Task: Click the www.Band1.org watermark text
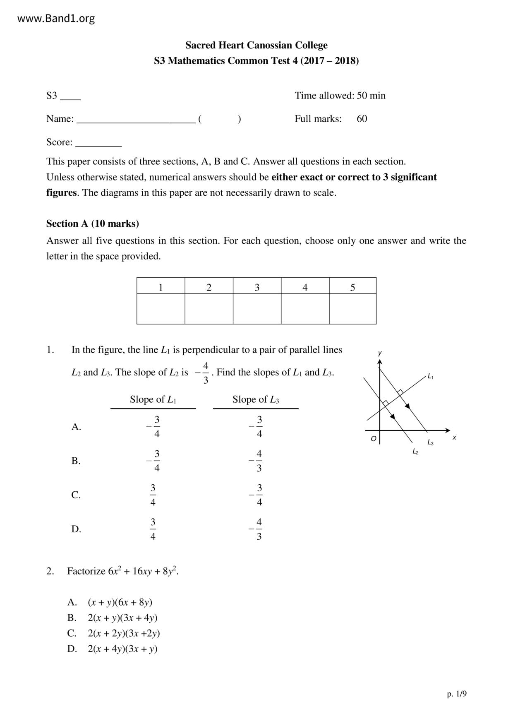coord(56,18)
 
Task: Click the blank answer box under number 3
coord(257,309)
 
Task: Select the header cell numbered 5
coord(352,287)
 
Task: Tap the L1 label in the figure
coord(430,376)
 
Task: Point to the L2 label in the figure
coord(415,452)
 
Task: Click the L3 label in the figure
coord(430,442)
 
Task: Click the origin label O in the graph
coord(373,439)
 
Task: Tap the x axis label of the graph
coord(454,438)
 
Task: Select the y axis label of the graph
coord(379,353)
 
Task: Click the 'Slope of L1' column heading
coord(153,399)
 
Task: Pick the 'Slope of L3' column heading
coord(256,399)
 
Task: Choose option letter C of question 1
coord(76,495)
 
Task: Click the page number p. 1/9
coord(456,694)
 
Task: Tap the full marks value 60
coord(362,119)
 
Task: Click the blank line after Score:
coord(98,143)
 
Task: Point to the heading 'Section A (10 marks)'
coord(93,224)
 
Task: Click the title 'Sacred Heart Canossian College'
coord(256,45)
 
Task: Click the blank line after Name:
coord(136,120)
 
